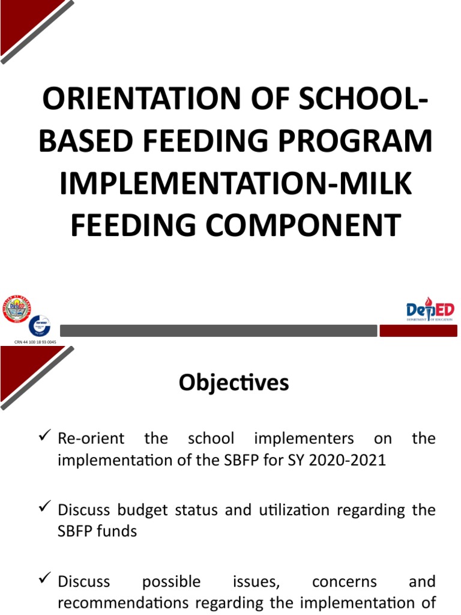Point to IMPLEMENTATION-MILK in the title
pos(236,183)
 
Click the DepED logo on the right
pos(430,311)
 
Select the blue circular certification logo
pos(39,326)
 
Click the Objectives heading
pos(234,383)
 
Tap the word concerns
pos(344,582)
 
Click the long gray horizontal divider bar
pos(218,331)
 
